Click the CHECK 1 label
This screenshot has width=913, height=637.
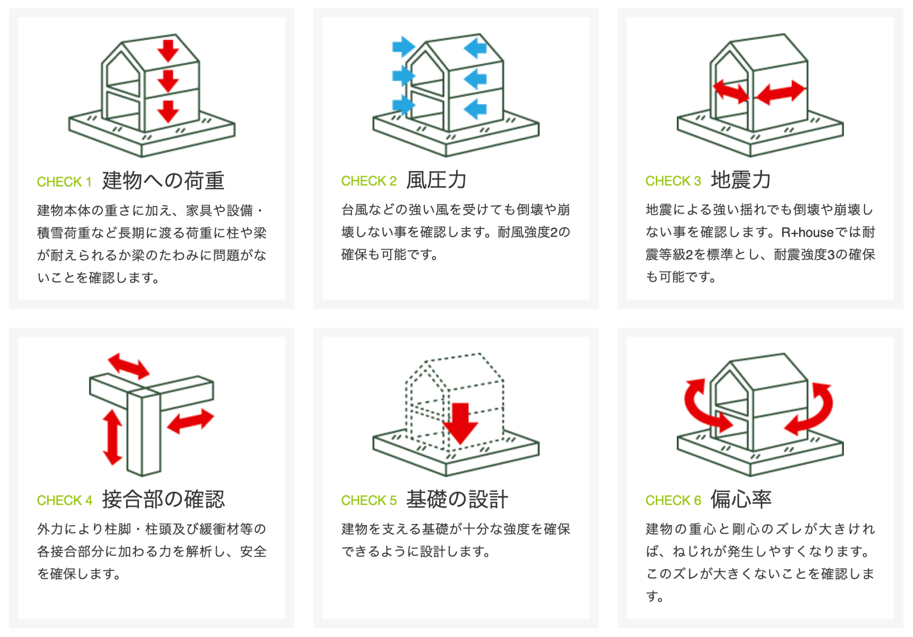[x=64, y=182]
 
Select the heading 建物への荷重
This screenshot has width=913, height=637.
[x=163, y=181]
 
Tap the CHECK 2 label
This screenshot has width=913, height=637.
[x=369, y=181]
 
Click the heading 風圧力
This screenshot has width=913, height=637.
[x=436, y=180]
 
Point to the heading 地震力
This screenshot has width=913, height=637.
[x=741, y=180]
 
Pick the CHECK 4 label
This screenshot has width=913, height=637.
[x=64, y=500]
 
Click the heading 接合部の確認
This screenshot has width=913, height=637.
[x=163, y=500]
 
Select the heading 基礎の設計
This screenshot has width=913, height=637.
[x=457, y=500]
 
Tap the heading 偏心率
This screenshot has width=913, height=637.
[x=741, y=500]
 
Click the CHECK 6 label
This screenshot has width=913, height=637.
[x=673, y=500]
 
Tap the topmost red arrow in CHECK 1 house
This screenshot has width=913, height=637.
[x=168, y=50]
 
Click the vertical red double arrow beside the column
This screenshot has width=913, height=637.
[x=112, y=437]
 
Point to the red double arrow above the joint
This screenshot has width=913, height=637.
[x=128, y=365]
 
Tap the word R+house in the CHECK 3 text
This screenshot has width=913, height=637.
[x=807, y=232]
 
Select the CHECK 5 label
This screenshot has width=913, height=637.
[x=369, y=500]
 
